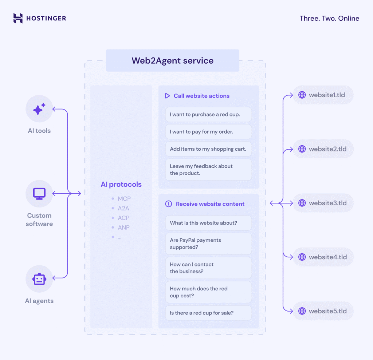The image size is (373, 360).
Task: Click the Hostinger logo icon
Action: click(18, 18)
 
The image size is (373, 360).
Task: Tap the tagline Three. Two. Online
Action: click(329, 18)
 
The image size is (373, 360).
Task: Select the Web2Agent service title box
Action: click(172, 60)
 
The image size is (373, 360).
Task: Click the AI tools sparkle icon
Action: click(39, 109)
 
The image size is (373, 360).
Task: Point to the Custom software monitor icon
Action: click(39, 193)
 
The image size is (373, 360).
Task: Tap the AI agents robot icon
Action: click(39, 279)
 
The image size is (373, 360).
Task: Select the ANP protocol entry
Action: click(123, 228)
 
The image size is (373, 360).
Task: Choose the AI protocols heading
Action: click(121, 185)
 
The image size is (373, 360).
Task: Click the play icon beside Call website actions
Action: click(167, 96)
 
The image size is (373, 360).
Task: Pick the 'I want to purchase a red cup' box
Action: click(208, 114)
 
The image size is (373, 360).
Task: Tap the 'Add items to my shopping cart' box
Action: click(208, 149)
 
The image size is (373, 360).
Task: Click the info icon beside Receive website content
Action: click(168, 204)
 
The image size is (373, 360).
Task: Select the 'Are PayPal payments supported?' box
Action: click(208, 244)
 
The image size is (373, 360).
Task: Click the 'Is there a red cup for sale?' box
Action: click(208, 313)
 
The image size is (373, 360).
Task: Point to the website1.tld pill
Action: click(323, 95)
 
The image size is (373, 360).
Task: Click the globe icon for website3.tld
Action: click(302, 203)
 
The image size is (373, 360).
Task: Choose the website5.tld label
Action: click(327, 311)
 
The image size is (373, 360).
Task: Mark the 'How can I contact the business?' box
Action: click(208, 268)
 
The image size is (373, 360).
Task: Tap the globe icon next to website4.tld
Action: click(302, 257)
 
